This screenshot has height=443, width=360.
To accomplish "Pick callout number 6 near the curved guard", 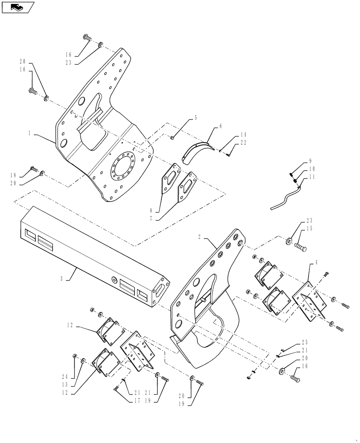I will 220,126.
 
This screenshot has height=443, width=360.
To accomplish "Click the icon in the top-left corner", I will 18,7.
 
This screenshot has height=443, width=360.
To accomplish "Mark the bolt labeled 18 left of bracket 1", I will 34,169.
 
